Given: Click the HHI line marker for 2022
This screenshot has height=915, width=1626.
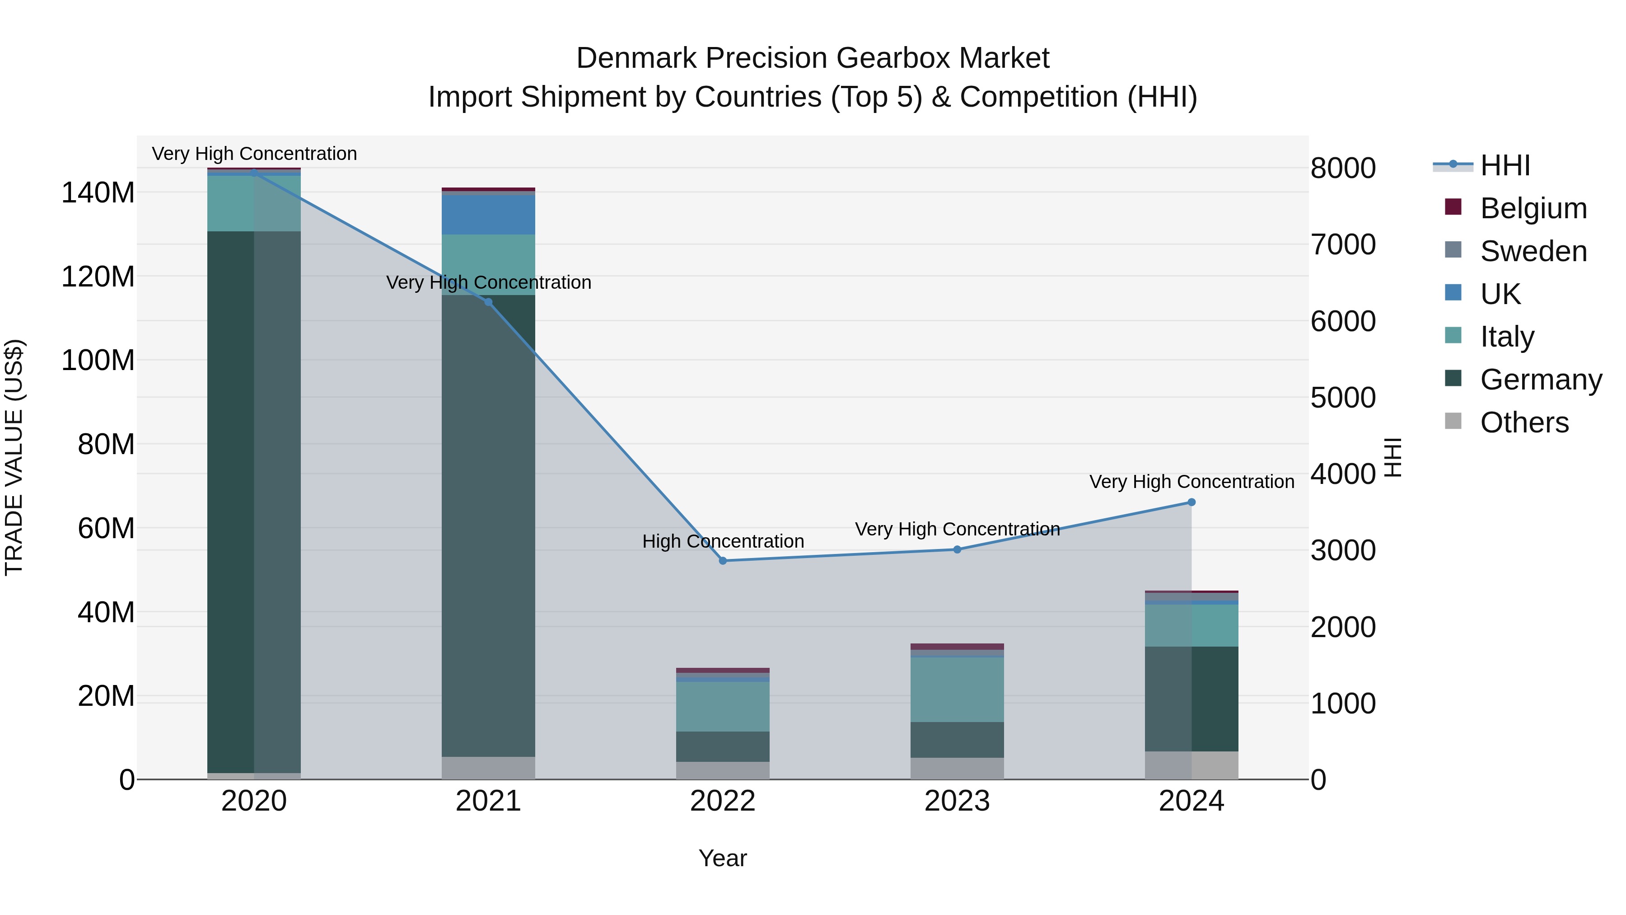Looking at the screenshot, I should click(x=723, y=561).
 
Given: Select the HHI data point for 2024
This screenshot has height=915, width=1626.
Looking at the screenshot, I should click(x=1191, y=502).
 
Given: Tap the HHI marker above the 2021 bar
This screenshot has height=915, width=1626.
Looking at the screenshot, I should click(x=488, y=302).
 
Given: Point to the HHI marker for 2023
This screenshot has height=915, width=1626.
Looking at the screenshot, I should click(x=957, y=549).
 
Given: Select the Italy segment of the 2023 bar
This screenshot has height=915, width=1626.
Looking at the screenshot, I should click(x=957, y=690).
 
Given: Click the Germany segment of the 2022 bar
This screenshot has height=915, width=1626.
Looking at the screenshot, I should click(x=723, y=746).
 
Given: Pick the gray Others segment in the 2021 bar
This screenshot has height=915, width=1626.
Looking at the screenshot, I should click(x=488, y=768).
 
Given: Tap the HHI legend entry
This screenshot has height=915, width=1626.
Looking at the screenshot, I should click(x=1505, y=165).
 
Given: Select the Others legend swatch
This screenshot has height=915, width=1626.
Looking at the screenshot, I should click(x=1453, y=421).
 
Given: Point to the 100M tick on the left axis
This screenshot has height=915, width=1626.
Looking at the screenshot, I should click(x=98, y=361).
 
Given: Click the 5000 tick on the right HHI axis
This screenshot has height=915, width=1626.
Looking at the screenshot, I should click(x=1343, y=398).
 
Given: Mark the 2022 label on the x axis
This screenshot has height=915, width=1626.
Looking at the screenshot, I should click(x=723, y=801).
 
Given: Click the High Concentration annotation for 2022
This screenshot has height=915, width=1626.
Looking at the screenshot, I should click(x=723, y=541).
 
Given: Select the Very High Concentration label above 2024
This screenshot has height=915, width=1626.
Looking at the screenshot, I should click(x=1191, y=482).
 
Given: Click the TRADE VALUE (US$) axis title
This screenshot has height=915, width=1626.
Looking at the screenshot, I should click(x=14, y=457).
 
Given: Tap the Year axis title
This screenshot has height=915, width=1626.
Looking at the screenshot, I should click(x=723, y=858).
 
